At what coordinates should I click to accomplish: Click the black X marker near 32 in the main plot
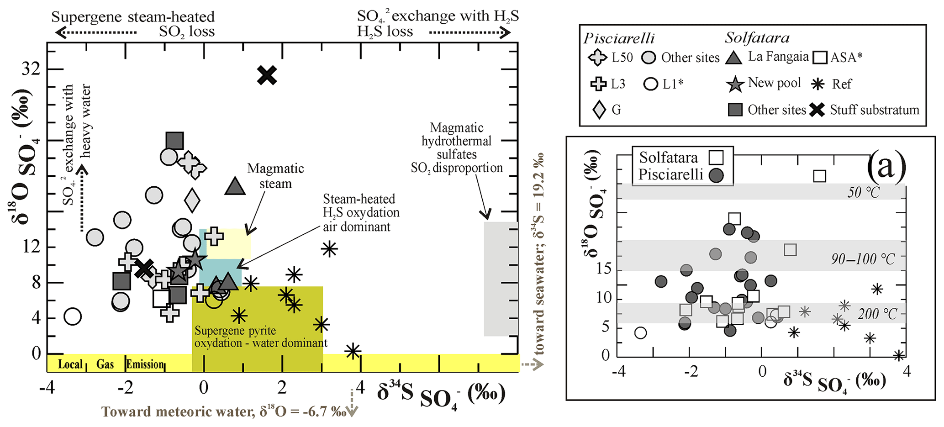pyautogui.click(x=267, y=75)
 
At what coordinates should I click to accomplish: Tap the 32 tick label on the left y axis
pyautogui.click(x=31, y=70)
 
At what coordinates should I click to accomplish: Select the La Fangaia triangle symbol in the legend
pyautogui.click(x=734, y=57)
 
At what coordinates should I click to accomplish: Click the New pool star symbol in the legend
pyautogui.click(x=735, y=84)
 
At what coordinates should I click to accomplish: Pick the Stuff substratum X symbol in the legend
pyautogui.click(x=817, y=110)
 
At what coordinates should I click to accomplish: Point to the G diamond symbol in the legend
pyautogui.click(x=599, y=110)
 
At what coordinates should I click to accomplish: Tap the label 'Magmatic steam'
pyautogui.click(x=275, y=176)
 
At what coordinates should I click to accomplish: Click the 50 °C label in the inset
pyautogui.click(x=863, y=193)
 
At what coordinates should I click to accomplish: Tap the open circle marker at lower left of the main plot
pyautogui.click(x=73, y=316)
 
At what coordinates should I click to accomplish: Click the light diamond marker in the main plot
pyautogui.click(x=192, y=200)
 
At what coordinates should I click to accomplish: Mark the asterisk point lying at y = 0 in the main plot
pyautogui.click(x=353, y=351)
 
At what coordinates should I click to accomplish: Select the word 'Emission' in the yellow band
pyautogui.click(x=145, y=364)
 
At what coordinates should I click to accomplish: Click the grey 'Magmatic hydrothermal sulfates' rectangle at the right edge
pyautogui.click(x=501, y=279)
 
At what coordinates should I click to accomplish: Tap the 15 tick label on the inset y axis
pyautogui.click(x=603, y=268)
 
